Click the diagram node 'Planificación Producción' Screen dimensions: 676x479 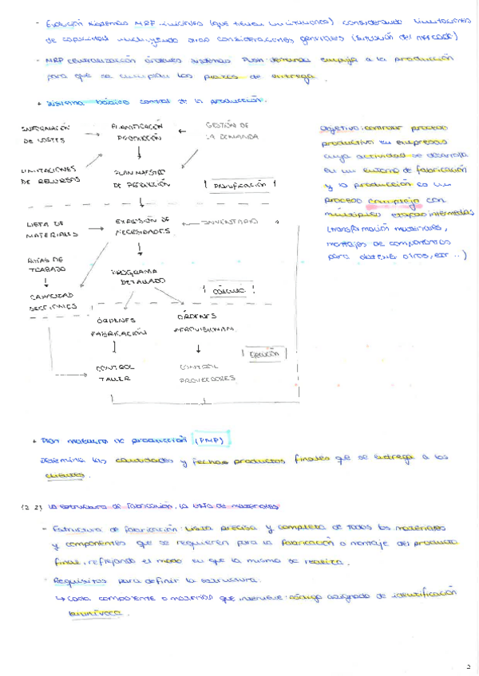click(x=138, y=132)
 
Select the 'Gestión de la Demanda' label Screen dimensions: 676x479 click(x=231, y=132)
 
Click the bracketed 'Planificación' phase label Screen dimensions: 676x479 click(x=239, y=184)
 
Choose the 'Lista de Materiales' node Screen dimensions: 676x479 click(x=52, y=230)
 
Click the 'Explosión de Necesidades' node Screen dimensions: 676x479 click(x=143, y=226)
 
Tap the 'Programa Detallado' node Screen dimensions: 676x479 click(x=138, y=277)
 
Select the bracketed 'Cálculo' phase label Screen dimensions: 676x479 click(x=228, y=292)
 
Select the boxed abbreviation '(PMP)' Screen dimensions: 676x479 click(x=212, y=441)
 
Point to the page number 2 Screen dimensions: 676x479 click(x=469, y=663)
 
